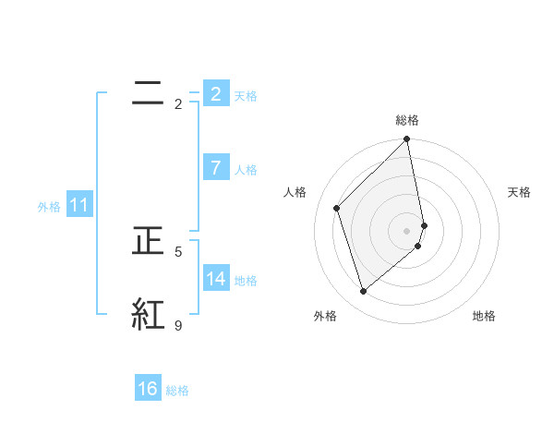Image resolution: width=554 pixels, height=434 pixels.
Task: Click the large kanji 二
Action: click(149, 91)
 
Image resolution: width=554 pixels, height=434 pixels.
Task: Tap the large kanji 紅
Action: click(149, 314)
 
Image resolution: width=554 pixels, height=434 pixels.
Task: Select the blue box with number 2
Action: click(215, 93)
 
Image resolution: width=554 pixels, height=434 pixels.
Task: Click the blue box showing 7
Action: click(215, 168)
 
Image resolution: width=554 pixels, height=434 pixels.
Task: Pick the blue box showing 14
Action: click(215, 278)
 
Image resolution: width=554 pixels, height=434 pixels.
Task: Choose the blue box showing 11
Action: click(78, 205)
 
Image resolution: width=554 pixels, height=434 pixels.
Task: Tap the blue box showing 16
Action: click(148, 389)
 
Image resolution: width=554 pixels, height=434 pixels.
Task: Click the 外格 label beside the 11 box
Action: click(49, 207)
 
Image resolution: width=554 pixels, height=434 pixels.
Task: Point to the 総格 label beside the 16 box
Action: click(177, 391)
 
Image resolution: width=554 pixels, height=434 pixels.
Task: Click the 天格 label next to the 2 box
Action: click(246, 95)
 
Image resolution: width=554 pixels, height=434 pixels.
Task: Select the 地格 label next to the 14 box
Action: click(246, 280)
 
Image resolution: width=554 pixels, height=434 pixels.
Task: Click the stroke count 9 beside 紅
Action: click(178, 325)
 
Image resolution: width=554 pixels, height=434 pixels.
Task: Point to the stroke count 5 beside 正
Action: click(178, 251)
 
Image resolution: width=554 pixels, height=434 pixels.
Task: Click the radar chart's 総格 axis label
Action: click(407, 120)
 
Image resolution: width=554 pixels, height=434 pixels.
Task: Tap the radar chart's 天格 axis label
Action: click(519, 192)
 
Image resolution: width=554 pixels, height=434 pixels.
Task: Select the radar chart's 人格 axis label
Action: click(295, 192)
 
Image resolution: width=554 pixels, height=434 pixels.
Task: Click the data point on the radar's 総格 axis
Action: click(407, 140)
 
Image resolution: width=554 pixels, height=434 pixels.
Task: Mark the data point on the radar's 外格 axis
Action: click(363, 292)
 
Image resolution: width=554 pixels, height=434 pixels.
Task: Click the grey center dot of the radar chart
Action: click(407, 231)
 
